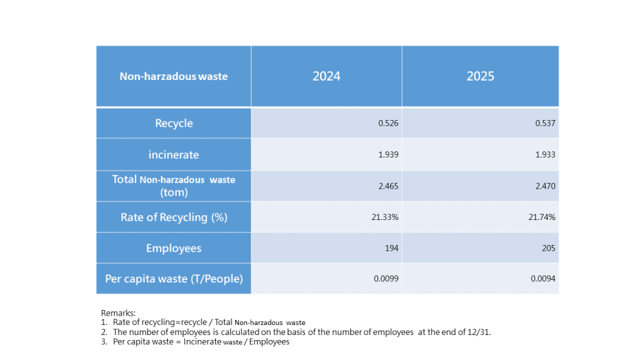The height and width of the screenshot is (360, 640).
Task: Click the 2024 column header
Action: (x=326, y=76)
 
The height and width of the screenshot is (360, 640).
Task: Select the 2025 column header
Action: (x=480, y=76)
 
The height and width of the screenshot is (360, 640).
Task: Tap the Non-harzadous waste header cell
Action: (x=174, y=77)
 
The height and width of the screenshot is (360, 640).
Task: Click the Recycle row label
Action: (x=174, y=123)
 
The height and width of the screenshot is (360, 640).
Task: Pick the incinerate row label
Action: (x=174, y=154)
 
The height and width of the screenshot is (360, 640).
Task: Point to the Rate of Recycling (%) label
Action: (x=173, y=217)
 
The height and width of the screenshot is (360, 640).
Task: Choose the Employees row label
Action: (x=174, y=248)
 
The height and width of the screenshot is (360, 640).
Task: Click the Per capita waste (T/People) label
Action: (x=174, y=279)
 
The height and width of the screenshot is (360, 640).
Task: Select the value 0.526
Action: (x=388, y=123)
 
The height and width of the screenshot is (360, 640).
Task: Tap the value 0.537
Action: (x=545, y=123)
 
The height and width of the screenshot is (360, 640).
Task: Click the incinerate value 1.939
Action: (x=388, y=154)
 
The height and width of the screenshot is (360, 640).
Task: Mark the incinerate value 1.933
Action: (x=545, y=154)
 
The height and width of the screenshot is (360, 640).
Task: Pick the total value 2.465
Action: (x=388, y=186)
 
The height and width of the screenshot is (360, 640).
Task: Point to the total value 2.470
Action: (x=545, y=186)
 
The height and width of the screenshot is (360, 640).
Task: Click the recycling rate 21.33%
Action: (x=386, y=217)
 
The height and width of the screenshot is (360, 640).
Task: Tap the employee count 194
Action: (x=392, y=248)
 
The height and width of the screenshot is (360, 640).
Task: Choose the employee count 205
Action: (x=549, y=248)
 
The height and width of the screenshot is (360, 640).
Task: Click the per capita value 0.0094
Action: (x=543, y=279)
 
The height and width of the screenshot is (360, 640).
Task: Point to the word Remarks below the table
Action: (x=118, y=312)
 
